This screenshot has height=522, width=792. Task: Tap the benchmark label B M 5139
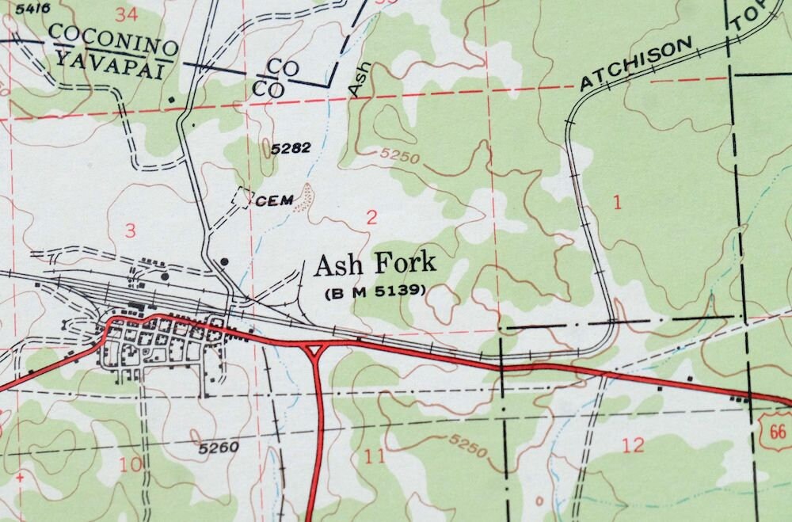coord(375,291)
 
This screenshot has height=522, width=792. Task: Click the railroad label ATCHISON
coord(636,64)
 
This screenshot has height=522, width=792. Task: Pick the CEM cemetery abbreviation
coord(274,200)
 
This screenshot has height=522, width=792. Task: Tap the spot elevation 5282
coord(291,148)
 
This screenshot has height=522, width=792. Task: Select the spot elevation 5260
coord(219,448)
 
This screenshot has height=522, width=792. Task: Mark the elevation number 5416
coord(21,8)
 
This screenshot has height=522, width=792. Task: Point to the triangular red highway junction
coord(316,349)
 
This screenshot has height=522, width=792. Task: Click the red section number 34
coord(124,13)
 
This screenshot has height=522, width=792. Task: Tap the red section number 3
coord(131,231)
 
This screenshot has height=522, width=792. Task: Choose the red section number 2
coord(371,218)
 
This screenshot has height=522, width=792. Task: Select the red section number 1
coord(617,202)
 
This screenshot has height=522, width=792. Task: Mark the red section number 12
coord(633,445)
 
